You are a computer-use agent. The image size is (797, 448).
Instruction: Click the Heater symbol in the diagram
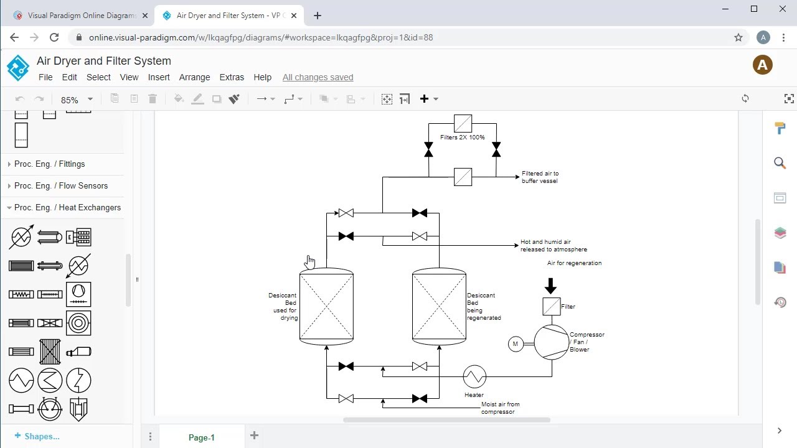pyautogui.click(x=474, y=376)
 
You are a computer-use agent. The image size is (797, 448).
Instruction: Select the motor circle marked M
pyautogui.click(x=516, y=343)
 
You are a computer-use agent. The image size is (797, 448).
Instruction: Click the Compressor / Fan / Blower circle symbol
pyautogui.click(x=551, y=342)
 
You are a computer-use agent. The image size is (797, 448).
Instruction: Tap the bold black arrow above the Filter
pyautogui.click(x=550, y=286)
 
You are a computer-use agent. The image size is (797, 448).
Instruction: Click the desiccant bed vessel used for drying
pyautogui.click(x=326, y=306)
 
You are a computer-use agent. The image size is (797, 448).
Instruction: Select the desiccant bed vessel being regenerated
pyautogui.click(x=439, y=306)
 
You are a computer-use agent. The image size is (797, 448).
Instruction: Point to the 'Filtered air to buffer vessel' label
pyautogui.click(x=540, y=177)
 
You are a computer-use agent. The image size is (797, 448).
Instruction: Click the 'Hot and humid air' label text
pyautogui.click(x=545, y=242)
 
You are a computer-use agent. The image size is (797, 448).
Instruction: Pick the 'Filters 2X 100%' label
pyautogui.click(x=462, y=138)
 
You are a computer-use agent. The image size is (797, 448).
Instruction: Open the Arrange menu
pyautogui.click(x=194, y=77)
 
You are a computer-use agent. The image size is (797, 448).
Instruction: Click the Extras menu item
pyautogui.click(x=232, y=77)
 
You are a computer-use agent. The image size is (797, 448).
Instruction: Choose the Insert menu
pyautogui.click(x=159, y=77)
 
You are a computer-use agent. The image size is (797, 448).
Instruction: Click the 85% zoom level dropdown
pyautogui.click(x=76, y=100)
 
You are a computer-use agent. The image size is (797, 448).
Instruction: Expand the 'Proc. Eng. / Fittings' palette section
pyautogui.click(x=49, y=164)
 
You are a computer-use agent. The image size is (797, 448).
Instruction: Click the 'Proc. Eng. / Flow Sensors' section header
pyautogui.click(x=60, y=186)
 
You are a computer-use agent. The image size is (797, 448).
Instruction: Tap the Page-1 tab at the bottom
pyautogui.click(x=201, y=437)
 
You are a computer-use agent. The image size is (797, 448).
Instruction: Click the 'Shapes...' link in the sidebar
pyautogui.click(x=41, y=436)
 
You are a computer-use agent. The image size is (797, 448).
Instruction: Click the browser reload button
pyautogui.click(x=54, y=37)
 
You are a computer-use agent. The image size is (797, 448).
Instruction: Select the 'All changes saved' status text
pyautogui.click(x=318, y=77)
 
